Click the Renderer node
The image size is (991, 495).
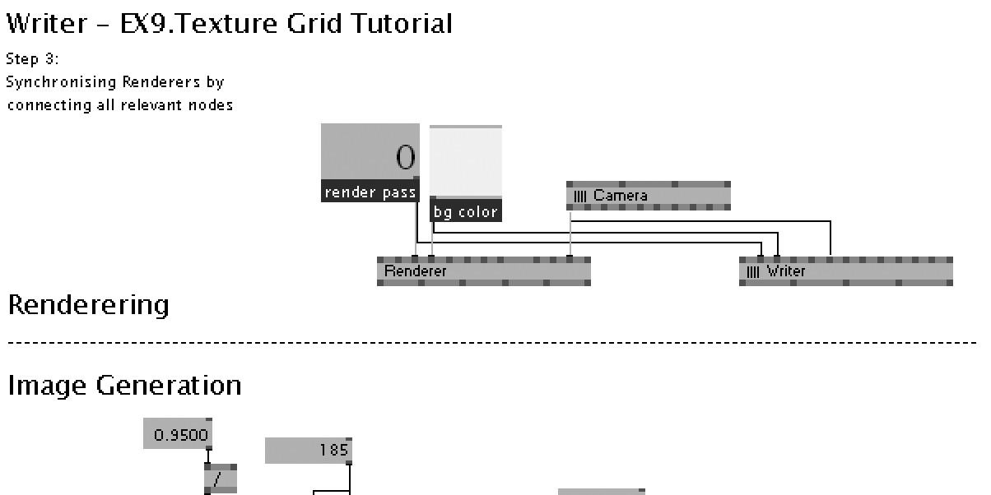[483, 271]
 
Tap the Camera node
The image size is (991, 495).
[648, 196]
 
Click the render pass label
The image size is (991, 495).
[370, 192]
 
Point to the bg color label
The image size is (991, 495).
[465, 212]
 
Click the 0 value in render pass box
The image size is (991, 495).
[405, 156]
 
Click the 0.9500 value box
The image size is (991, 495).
[178, 433]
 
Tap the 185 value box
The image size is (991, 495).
[308, 451]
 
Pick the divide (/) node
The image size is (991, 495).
[220, 480]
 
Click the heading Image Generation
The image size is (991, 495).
[124, 385]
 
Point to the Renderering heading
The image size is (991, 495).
[88, 305]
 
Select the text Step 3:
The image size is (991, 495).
[32, 59]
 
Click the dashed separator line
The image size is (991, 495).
[494, 342]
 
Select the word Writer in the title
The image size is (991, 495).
[46, 23]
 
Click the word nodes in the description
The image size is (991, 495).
[212, 105]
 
